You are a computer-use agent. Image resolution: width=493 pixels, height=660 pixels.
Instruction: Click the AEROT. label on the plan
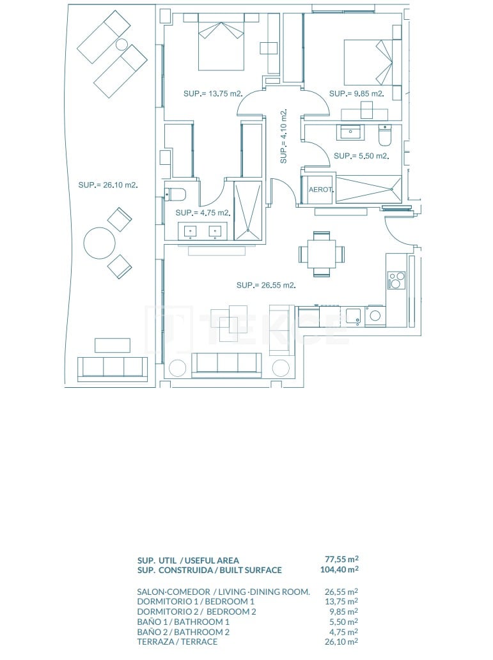[321, 190]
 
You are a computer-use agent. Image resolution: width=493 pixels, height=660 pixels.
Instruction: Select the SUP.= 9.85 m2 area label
[356, 94]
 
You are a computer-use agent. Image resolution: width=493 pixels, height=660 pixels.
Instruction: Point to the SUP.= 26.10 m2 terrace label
[108, 185]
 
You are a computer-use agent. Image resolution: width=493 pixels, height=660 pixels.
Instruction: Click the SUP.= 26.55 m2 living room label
[265, 286]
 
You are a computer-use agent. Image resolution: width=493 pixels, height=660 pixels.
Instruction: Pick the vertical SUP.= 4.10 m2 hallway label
[284, 136]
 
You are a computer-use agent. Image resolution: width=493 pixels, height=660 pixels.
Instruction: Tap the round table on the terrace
[100, 243]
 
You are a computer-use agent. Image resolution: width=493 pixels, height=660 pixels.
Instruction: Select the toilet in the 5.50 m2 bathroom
[385, 136]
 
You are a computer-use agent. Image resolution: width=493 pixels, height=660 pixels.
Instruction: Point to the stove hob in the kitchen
[396, 280]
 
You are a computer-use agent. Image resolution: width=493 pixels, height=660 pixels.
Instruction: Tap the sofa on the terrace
[113, 369]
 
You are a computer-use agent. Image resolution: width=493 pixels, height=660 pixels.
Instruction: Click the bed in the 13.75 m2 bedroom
[221, 45]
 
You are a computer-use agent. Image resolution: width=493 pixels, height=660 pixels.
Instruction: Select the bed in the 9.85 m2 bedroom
[368, 62]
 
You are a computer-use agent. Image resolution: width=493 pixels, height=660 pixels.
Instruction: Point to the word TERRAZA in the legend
[153, 641]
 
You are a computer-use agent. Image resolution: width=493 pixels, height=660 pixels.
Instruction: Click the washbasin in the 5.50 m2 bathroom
[350, 132]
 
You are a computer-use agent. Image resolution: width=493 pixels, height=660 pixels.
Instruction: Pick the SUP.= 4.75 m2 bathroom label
[202, 213]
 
